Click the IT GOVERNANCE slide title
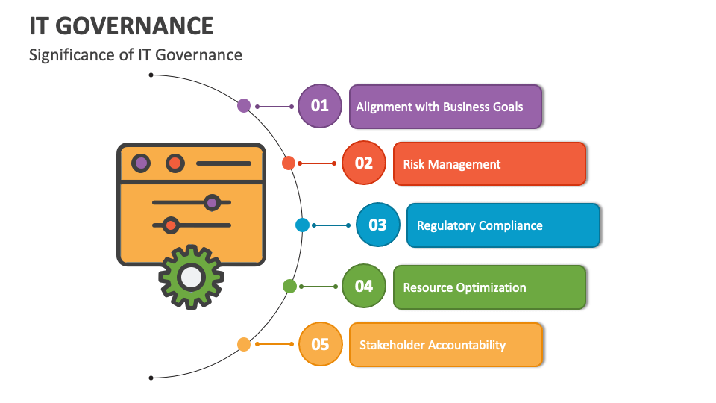pyautogui.click(x=122, y=25)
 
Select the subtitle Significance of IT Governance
pyautogui.click(x=136, y=54)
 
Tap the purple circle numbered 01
pyautogui.click(x=319, y=106)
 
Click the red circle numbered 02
pyautogui.click(x=363, y=163)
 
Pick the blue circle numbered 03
pyautogui.click(x=377, y=225)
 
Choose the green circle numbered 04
pyautogui.click(x=363, y=287)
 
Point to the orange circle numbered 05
pyautogui.click(x=319, y=344)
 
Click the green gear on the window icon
pyautogui.click(x=191, y=277)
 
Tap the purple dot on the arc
pyautogui.click(x=244, y=106)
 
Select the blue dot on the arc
pyautogui.click(x=302, y=225)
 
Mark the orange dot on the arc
pyautogui.click(x=244, y=344)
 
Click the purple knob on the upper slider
pyautogui.click(x=212, y=202)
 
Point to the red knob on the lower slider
pyautogui.click(x=171, y=225)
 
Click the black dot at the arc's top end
pyautogui.click(x=151, y=75)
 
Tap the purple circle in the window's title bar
pyautogui.click(x=140, y=163)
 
